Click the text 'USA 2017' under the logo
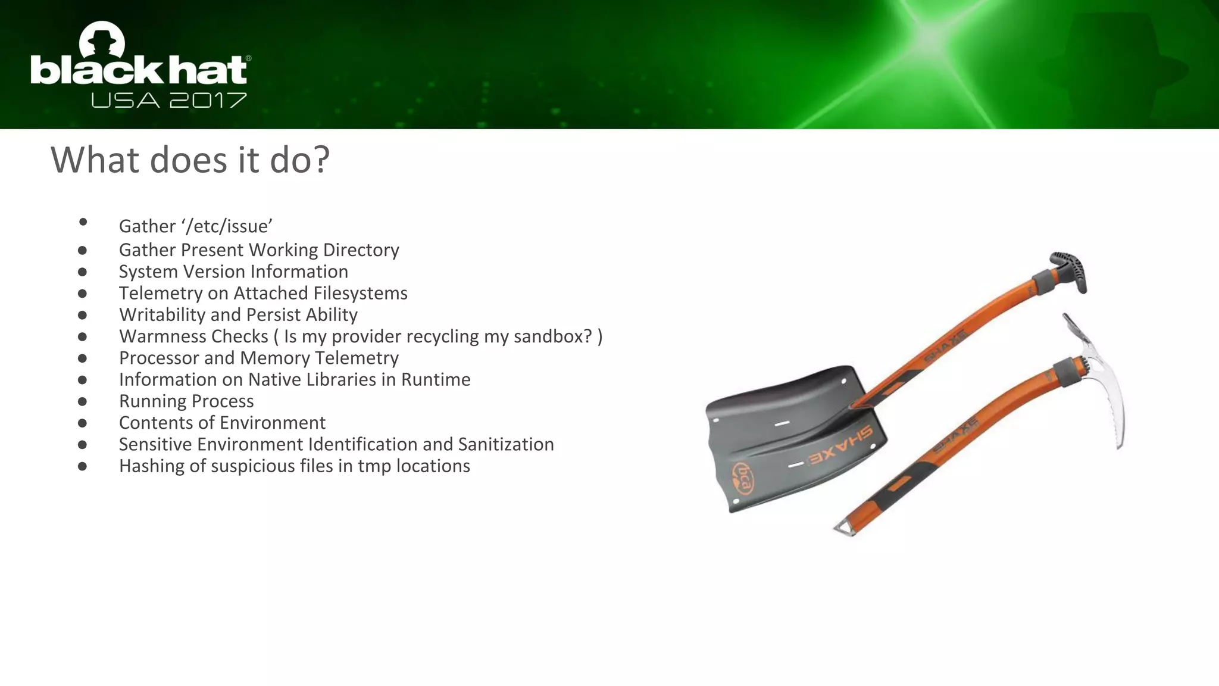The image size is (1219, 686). click(169, 100)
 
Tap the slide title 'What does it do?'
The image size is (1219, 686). click(190, 160)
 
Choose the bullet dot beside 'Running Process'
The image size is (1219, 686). click(82, 402)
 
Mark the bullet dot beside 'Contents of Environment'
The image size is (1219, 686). click(82, 423)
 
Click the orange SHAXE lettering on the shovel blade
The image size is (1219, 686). click(839, 447)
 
